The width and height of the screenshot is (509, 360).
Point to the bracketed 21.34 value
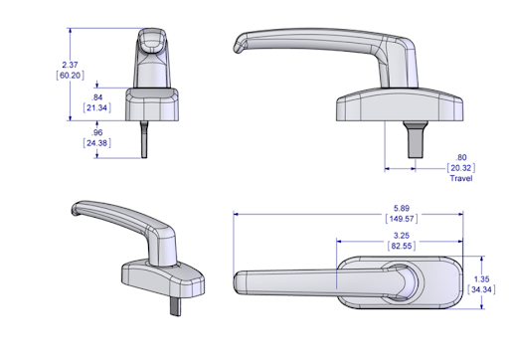[97, 108]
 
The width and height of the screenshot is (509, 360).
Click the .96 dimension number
[97, 132]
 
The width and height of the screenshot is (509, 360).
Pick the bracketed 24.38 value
[97, 143]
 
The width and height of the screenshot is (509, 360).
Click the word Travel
[460, 179]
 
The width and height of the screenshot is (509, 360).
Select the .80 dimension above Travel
[460, 158]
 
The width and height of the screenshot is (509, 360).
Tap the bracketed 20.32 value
[460, 169]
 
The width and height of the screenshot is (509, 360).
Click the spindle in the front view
[146, 139]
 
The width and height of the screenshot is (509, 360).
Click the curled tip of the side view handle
[237, 45]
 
